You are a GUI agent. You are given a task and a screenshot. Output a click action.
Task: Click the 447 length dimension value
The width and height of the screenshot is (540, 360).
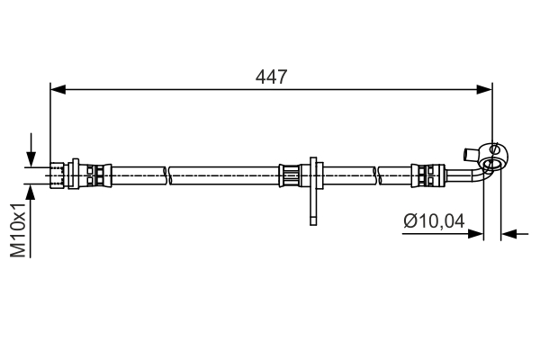[x=271, y=77]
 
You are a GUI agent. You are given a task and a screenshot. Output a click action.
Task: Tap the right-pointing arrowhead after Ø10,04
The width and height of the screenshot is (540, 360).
[x=476, y=234]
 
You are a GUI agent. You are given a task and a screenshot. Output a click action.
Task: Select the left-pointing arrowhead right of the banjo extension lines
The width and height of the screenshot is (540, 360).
[x=508, y=234]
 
